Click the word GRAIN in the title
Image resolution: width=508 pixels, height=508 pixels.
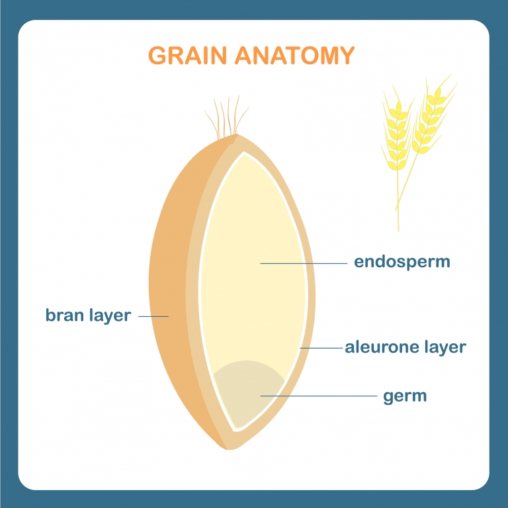187,56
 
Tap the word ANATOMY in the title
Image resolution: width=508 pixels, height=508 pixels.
294,56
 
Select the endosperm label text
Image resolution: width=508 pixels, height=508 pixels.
402,262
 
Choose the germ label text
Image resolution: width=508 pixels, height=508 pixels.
405,397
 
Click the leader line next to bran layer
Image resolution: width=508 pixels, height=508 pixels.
153,316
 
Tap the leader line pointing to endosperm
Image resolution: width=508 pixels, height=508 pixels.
304,263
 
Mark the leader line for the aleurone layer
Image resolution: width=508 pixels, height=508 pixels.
321,349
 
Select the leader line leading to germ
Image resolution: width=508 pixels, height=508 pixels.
318,396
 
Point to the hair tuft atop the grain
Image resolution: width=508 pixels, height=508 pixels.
226,116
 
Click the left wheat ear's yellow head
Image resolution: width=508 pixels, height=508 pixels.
397,130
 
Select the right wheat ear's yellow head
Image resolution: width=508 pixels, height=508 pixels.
433,116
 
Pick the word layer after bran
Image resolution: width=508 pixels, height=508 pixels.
110,315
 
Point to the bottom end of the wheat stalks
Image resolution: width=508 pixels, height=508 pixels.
398,230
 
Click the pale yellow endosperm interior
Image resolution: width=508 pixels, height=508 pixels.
253,259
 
